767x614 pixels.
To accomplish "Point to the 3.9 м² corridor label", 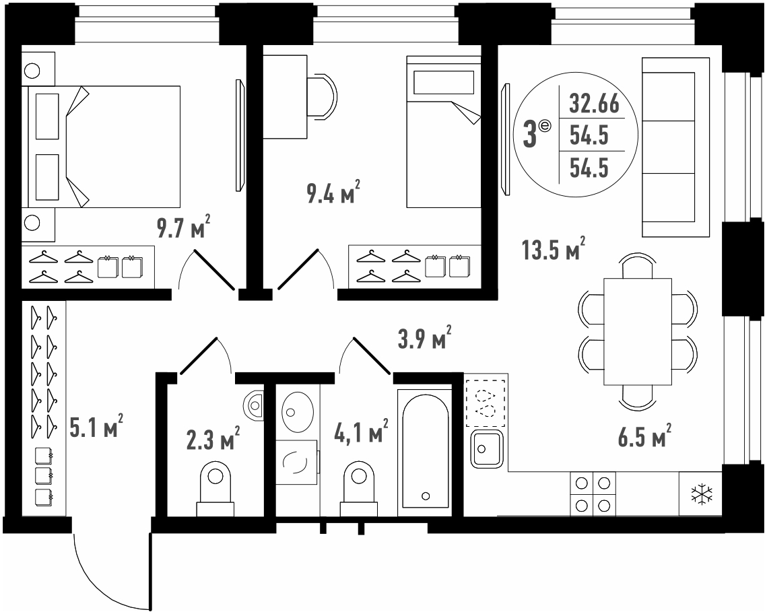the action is point(424,337).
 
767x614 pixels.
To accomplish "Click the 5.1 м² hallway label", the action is point(96,426).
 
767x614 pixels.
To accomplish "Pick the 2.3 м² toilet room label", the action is point(213,438).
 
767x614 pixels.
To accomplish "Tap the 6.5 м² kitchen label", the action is point(644,436).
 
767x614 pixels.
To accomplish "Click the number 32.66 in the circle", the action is point(595,104).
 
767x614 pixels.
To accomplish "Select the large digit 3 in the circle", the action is point(530,135).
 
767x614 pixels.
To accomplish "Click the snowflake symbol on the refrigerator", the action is point(702,495).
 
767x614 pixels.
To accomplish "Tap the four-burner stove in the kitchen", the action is point(593,493).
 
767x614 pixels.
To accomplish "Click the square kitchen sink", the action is point(486,448).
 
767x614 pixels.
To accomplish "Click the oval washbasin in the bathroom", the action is point(298,411).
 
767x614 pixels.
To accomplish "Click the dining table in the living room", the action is point(638,331).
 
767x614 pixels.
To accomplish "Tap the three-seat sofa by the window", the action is point(675,147).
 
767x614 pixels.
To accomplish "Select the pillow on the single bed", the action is point(444,83).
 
